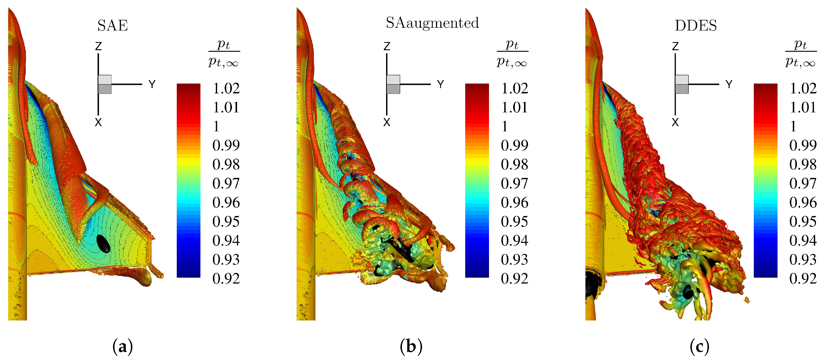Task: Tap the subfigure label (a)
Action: [x=122, y=347]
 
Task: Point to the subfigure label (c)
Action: [x=699, y=347]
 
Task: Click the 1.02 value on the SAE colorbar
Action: [x=226, y=88]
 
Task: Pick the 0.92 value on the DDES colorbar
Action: [x=803, y=278]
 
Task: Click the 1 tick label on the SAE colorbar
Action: [x=216, y=126]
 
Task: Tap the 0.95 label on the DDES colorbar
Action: [x=803, y=221]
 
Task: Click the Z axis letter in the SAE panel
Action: [x=98, y=46]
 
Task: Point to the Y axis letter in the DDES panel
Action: [x=729, y=84]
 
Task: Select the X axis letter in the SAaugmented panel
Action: [x=387, y=122]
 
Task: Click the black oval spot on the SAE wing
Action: [x=103, y=243]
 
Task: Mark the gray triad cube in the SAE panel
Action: [x=105, y=84]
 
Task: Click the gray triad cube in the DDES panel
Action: [x=682, y=84]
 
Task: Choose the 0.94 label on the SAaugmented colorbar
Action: [x=514, y=240]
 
